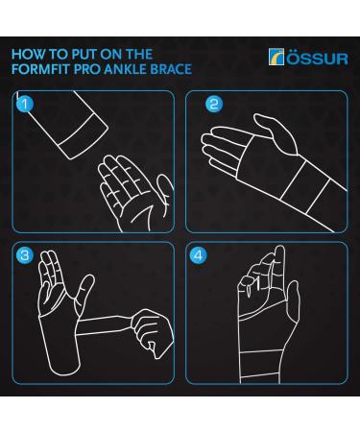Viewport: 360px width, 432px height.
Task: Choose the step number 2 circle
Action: (213, 103)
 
